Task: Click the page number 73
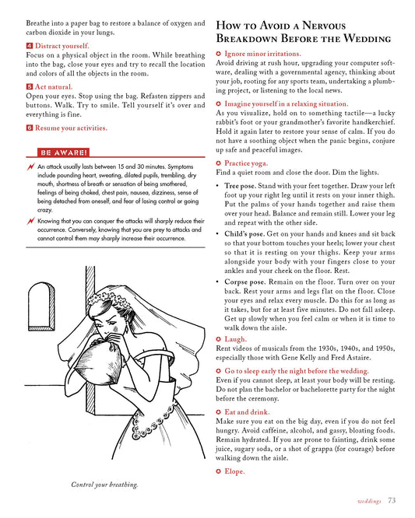click(x=392, y=500)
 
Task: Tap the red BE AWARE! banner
click(x=63, y=152)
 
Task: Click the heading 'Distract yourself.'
click(x=62, y=46)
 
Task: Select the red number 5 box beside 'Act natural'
click(x=30, y=87)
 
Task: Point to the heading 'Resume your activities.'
click(x=71, y=128)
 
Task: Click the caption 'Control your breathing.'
click(x=104, y=485)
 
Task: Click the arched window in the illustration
click(x=41, y=306)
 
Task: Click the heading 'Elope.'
click(x=234, y=471)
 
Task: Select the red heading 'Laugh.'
click(x=235, y=339)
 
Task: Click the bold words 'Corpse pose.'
click(x=245, y=282)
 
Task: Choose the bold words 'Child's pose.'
click(x=244, y=234)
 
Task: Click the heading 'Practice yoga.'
click(x=246, y=163)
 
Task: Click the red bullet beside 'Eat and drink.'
click(x=218, y=412)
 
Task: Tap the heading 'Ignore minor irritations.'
click(x=262, y=54)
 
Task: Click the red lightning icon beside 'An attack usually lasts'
click(x=30, y=166)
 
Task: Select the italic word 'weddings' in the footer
click(x=369, y=501)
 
